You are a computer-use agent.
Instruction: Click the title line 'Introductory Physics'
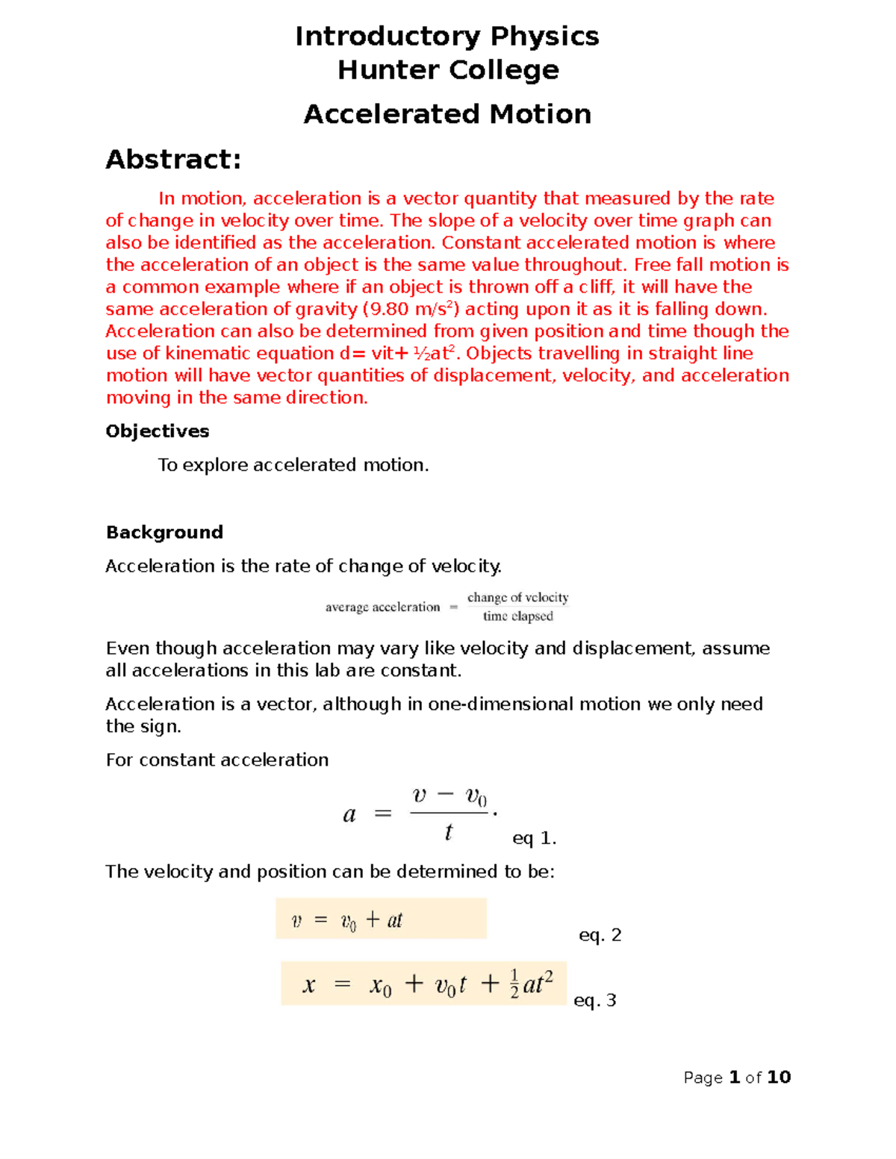[x=447, y=36]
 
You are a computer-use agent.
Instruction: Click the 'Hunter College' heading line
[x=448, y=70]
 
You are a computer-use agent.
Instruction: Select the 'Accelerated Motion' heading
[x=447, y=114]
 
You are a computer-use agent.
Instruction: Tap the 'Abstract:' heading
[x=173, y=160]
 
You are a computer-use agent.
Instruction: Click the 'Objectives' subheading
[x=157, y=431]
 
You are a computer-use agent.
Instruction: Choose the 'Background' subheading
[x=164, y=532]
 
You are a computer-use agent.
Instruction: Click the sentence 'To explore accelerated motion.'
[x=293, y=465]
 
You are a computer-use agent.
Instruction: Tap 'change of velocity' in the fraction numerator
[x=517, y=598]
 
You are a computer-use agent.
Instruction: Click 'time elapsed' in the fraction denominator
[x=517, y=616]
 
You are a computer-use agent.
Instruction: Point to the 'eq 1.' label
[x=534, y=839]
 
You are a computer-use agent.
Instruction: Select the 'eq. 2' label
[x=600, y=935]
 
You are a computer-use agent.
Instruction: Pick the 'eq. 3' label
[x=594, y=1001]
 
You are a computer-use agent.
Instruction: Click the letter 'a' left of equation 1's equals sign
[x=349, y=815]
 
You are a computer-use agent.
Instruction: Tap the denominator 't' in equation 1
[x=448, y=833]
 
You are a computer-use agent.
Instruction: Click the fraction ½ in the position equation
[x=514, y=984]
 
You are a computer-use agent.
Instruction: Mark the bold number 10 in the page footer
[x=779, y=1077]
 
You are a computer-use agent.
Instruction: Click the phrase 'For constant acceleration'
[x=217, y=760]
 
